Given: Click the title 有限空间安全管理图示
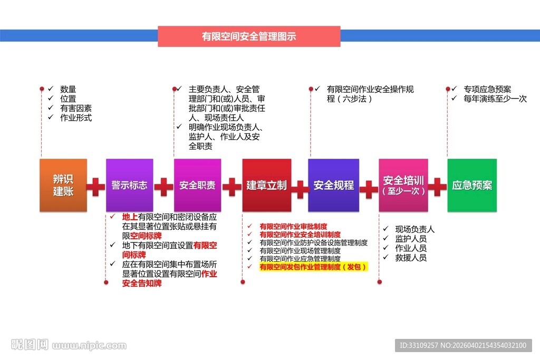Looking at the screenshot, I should [x=249, y=36].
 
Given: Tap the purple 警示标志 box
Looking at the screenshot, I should [x=129, y=186].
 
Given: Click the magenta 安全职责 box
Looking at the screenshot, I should [x=197, y=186].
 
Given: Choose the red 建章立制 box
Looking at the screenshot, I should [x=266, y=186].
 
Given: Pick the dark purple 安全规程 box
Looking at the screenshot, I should [x=333, y=186].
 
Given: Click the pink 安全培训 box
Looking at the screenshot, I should [x=403, y=186].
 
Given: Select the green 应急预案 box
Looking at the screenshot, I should [x=472, y=186].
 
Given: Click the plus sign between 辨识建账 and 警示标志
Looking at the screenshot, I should [x=95, y=187].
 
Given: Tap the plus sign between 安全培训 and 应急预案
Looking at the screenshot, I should [x=437, y=187].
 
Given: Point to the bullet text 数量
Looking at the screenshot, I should [x=68, y=89].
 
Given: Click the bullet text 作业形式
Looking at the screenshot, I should [x=76, y=118].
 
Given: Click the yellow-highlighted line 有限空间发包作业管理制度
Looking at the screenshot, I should [x=313, y=267].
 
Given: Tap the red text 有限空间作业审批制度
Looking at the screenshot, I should [x=293, y=227].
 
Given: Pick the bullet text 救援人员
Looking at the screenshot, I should [x=411, y=258].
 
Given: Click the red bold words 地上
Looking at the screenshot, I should [x=129, y=217].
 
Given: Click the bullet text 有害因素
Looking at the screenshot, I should [x=76, y=108].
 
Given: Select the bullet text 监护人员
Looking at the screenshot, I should [x=411, y=239].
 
